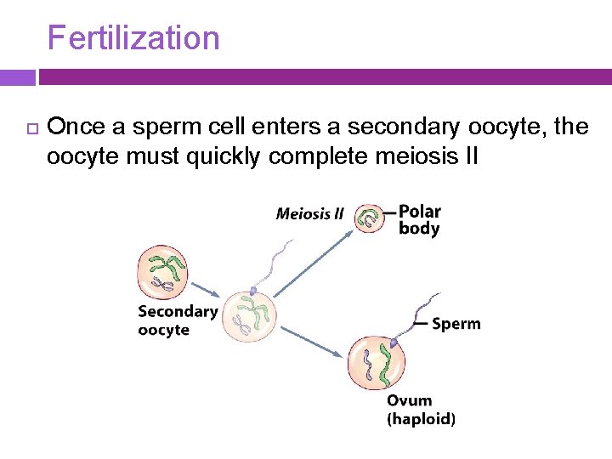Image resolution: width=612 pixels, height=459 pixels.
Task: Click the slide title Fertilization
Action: [133, 38]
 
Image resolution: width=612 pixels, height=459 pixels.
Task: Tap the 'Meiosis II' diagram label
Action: [309, 213]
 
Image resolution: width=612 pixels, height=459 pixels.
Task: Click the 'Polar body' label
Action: [419, 219]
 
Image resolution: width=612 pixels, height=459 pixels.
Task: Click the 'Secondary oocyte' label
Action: [177, 320]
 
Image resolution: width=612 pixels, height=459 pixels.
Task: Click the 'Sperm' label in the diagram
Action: [456, 324]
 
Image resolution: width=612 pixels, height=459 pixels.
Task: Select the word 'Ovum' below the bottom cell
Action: [410, 400]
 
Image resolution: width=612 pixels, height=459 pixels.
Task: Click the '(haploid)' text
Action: [421, 419]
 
